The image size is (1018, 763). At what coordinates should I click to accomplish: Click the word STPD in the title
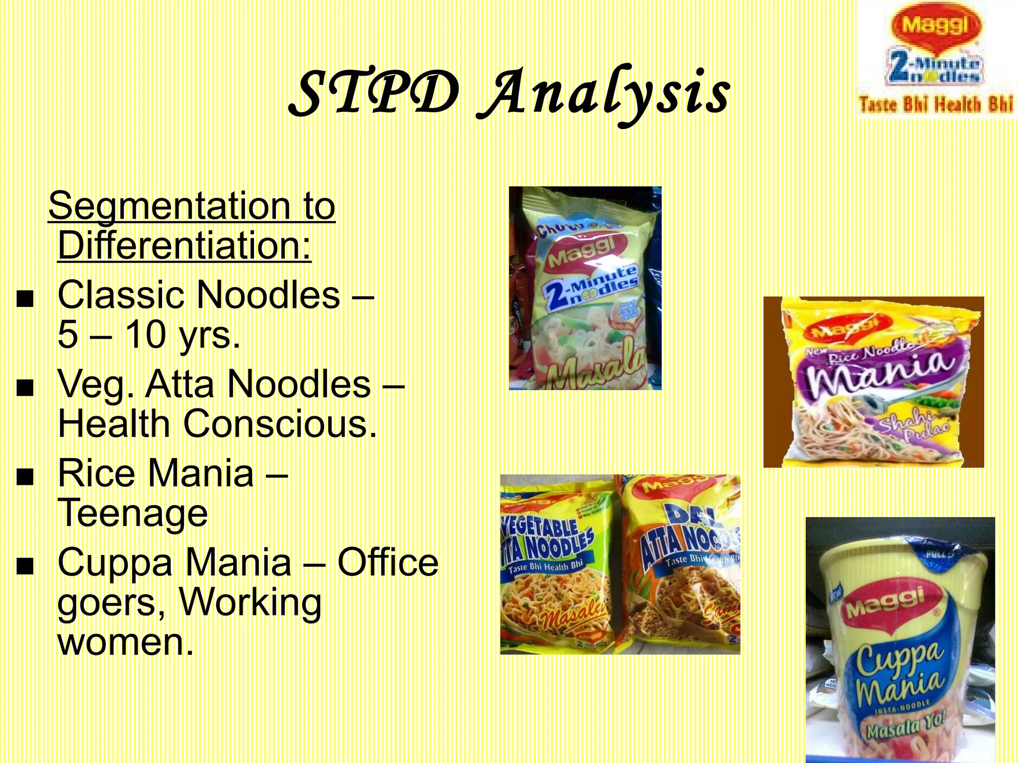(x=374, y=93)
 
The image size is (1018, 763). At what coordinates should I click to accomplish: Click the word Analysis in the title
(x=603, y=94)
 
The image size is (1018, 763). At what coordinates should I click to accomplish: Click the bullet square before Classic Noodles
(x=25, y=299)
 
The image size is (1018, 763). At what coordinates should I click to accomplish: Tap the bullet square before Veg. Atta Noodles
(x=25, y=388)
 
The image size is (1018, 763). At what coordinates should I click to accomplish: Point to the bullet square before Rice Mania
(x=25, y=477)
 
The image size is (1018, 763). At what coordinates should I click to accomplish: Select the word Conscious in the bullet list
(x=280, y=424)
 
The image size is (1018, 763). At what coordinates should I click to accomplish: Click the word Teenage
(x=133, y=513)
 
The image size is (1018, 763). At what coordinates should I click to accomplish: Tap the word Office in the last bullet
(x=388, y=562)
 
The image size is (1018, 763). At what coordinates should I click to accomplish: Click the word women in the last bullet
(x=125, y=642)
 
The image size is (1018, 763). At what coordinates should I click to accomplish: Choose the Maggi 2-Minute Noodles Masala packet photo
(x=585, y=288)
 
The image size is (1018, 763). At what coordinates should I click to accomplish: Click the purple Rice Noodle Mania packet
(x=873, y=382)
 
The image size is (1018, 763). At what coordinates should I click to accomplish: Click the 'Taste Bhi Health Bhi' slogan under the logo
(x=935, y=105)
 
